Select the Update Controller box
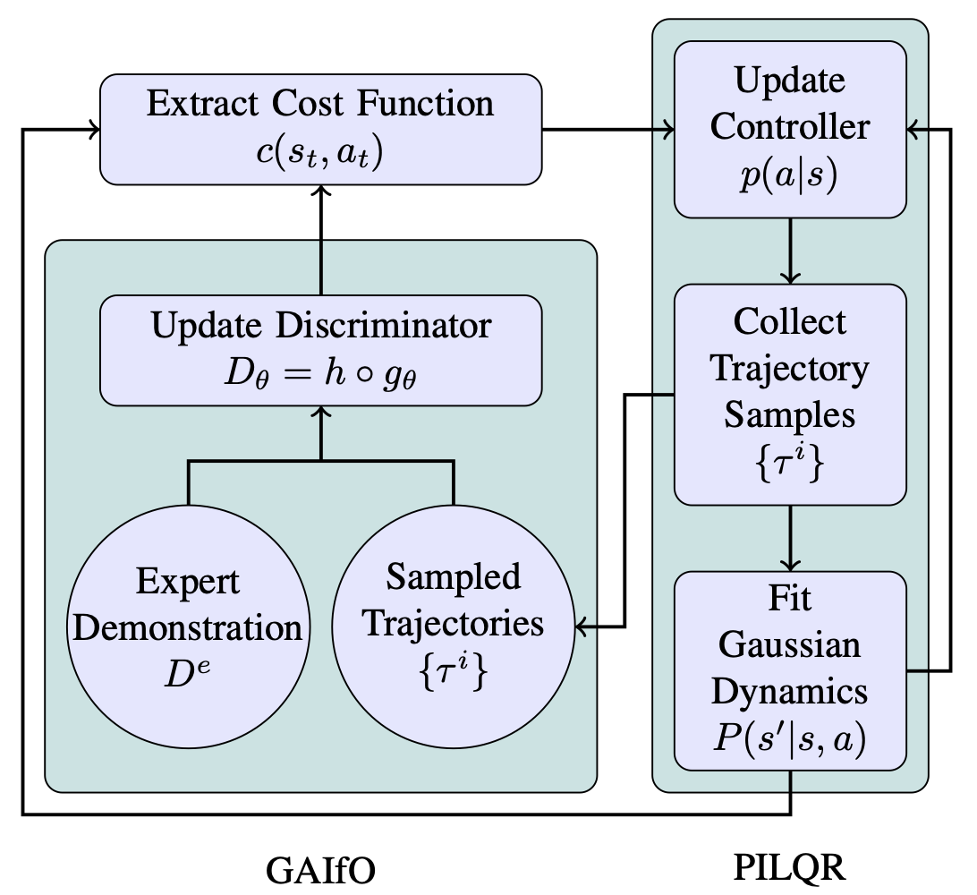(x=789, y=129)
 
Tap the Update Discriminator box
(x=320, y=350)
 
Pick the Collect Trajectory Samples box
(x=789, y=394)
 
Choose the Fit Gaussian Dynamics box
(x=789, y=670)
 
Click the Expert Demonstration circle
(x=188, y=626)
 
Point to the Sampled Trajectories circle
(x=453, y=626)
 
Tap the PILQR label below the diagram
(x=789, y=867)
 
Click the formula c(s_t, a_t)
(x=320, y=152)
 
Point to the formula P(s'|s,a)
(x=789, y=740)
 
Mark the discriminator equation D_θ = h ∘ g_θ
(x=320, y=375)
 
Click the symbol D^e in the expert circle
(x=188, y=671)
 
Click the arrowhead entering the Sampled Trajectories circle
(x=582, y=626)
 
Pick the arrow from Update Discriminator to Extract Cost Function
(x=320, y=237)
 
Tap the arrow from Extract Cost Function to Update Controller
(x=608, y=131)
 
